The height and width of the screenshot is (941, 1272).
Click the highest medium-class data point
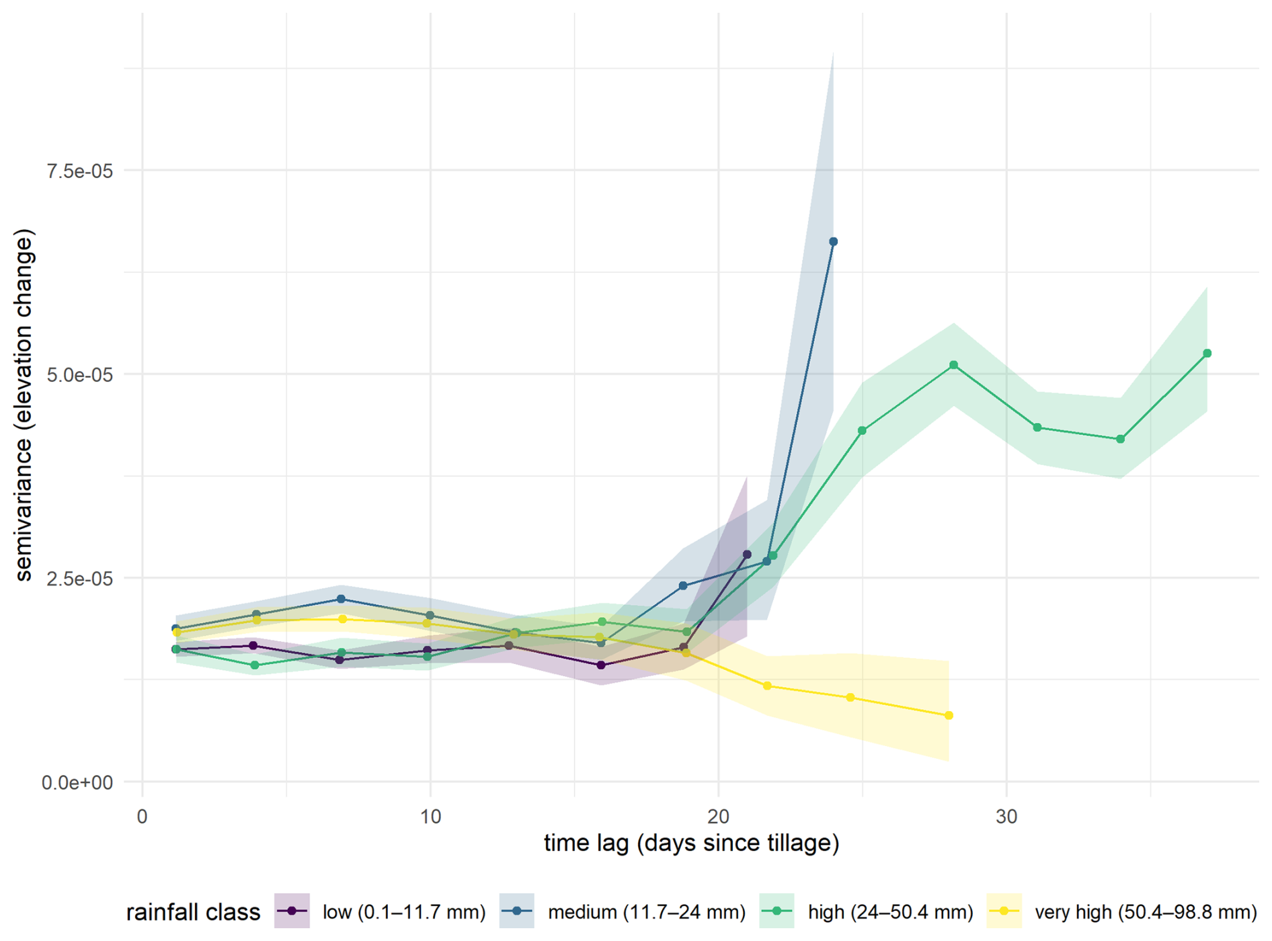(833, 241)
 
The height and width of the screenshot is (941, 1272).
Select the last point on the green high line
(1207, 354)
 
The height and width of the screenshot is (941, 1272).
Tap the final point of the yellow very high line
(949, 716)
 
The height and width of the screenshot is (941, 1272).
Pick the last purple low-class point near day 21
(747, 555)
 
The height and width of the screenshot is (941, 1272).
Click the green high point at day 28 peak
(953, 365)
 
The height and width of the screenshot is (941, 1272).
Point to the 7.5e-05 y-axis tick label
(79, 171)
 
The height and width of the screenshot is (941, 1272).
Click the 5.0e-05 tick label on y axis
(79, 375)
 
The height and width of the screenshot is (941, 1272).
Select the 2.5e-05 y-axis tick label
(79, 579)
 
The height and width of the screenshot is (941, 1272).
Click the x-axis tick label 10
(430, 817)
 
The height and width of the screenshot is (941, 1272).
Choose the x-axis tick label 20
(718, 817)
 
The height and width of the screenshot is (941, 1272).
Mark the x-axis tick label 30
(1006, 817)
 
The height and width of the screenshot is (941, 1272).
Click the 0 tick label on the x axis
(143, 817)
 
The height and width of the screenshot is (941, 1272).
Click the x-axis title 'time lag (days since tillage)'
(691, 843)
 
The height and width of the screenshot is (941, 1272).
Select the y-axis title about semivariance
(24, 405)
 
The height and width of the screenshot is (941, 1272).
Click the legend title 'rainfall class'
(193, 912)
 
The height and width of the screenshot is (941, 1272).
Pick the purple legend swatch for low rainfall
(292, 911)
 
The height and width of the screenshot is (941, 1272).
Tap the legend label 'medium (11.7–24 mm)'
(647, 912)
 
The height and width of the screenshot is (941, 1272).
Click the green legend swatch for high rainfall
(777, 911)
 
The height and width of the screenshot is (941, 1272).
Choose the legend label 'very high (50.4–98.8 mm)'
(1146, 912)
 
